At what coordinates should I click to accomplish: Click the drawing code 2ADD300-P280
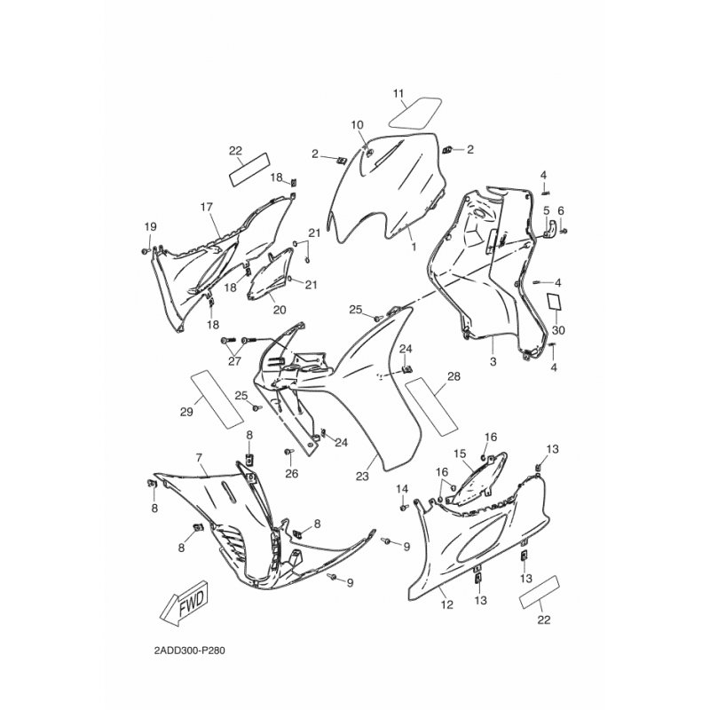click(189, 651)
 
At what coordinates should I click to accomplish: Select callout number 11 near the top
click(398, 94)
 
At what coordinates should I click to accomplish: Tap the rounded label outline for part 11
click(415, 113)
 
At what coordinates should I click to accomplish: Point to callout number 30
click(558, 330)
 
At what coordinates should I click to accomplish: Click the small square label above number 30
click(555, 302)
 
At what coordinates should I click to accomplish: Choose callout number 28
click(454, 376)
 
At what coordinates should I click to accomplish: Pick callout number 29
click(186, 412)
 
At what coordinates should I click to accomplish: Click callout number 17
click(206, 208)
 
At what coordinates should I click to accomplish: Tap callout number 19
click(150, 226)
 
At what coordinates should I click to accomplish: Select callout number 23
click(362, 476)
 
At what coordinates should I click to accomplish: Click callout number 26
click(292, 474)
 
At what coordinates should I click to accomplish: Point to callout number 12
click(447, 604)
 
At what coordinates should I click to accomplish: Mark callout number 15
click(460, 454)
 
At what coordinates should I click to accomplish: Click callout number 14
click(402, 489)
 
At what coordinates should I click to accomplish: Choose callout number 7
click(199, 458)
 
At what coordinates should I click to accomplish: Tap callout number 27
click(234, 361)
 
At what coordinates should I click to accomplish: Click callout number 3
click(493, 361)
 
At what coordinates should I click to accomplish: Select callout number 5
click(546, 210)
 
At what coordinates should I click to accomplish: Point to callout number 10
click(358, 124)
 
